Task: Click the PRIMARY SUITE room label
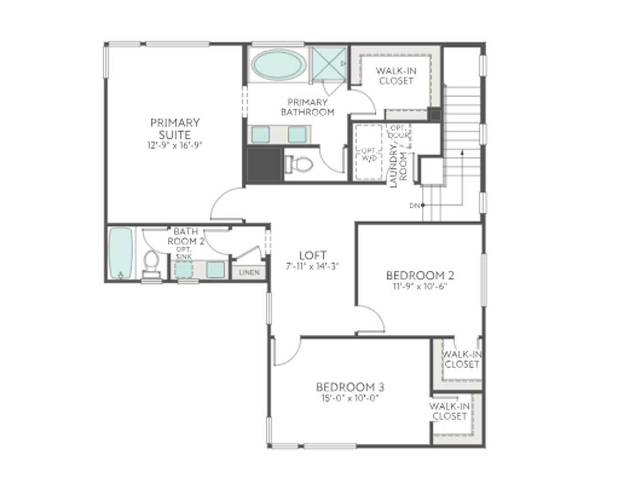(x=175, y=129)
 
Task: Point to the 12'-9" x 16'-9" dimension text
(x=175, y=145)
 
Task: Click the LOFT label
(x=312, y=255)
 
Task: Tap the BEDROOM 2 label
(x=420, y=276)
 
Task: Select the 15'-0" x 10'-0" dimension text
(x=350, y=398)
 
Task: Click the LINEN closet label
(x=249, y=273)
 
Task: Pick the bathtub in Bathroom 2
(x=120, y=253)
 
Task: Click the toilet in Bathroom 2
(x=151, y=263)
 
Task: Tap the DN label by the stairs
(x=413, y=205)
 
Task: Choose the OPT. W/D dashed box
(x=367, y=152)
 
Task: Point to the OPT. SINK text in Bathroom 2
(x=184, y=253)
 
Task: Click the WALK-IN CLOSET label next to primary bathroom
(x=396, y=76)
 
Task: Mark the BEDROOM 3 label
(x=350, y=387)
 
